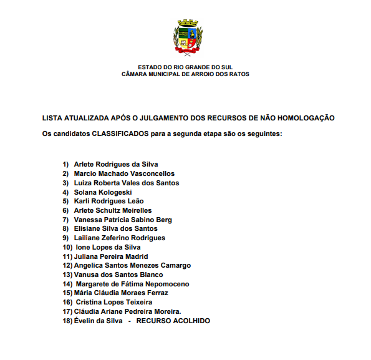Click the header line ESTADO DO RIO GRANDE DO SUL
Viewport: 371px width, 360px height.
click(x=185, y=67)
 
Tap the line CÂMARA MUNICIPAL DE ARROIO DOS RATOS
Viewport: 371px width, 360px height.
click(x=185, y=74)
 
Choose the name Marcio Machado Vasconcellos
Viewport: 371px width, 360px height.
click(x=124, y=173)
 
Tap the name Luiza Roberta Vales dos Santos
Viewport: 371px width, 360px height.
click(x=127, y=183)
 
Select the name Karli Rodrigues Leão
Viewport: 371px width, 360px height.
click(x=108, y=201)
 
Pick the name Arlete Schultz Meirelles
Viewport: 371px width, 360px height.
click(x=113, y=210)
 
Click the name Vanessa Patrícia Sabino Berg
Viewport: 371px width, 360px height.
click(x=123, y=220)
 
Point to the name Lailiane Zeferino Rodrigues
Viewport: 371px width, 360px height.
click(x=119, y=238)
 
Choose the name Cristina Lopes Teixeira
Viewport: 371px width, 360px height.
click(x=113, y=302)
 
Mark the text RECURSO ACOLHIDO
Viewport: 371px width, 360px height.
click(x=173, y=321)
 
